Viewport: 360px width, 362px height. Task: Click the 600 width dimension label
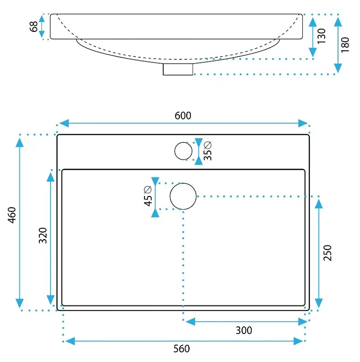tap(183, 115)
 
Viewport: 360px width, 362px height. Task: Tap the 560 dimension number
tap(182, 349)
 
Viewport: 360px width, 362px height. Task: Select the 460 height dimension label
tap(12, 215)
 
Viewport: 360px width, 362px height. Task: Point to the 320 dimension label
tap(43, 235)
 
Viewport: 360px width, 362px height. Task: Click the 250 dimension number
tap(327, 253)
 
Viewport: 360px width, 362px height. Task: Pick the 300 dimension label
tap(244, 330)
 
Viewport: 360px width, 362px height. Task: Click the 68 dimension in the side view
tap(34, 26)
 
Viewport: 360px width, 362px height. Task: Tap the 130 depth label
tap(322, 36)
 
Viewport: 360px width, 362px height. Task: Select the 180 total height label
tap(345, 45)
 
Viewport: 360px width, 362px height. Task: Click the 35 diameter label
tap(208, 151)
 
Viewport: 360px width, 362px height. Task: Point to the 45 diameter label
tap(148, 196)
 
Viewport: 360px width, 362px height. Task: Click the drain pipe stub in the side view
tap(178, 69)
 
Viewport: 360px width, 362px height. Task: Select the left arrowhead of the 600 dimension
tap(64, 123)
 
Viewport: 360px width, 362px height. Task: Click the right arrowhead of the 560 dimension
tap(298, 341)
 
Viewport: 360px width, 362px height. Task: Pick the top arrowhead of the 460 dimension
tap(20, 142)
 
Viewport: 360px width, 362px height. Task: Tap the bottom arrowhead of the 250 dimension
tap(319, 303)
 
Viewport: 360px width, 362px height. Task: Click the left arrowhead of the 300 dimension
tap(191, 322)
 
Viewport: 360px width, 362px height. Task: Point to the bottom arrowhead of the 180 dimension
tap(338, 68)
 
